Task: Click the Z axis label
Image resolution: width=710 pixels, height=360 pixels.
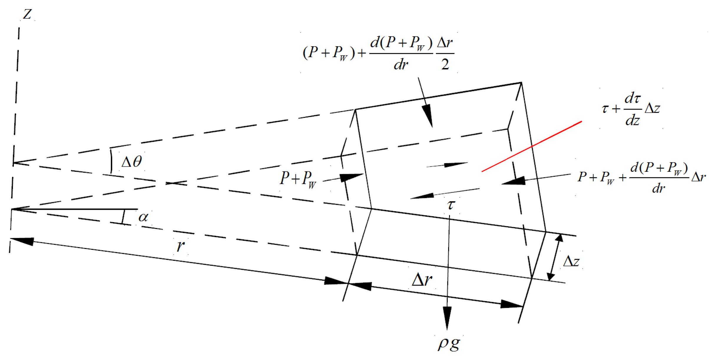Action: (27, 14)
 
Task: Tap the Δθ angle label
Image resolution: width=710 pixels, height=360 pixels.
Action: (132, 162)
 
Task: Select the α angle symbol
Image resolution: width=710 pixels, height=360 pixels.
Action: (143, 217)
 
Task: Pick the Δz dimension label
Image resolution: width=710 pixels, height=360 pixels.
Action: (571, 261)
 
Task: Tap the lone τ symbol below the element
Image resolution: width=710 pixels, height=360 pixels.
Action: (451, 204)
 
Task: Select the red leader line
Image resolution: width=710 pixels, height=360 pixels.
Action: (532, 146)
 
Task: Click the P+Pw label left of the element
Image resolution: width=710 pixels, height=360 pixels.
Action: (298, 179)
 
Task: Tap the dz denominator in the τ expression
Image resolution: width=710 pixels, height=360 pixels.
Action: (633, 120)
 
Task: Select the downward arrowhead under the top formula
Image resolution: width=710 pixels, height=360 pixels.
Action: (428, 115)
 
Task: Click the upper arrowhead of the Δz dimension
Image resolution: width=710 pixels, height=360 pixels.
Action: (559, 238)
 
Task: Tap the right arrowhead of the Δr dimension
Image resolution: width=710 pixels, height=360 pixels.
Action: (511, 304)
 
